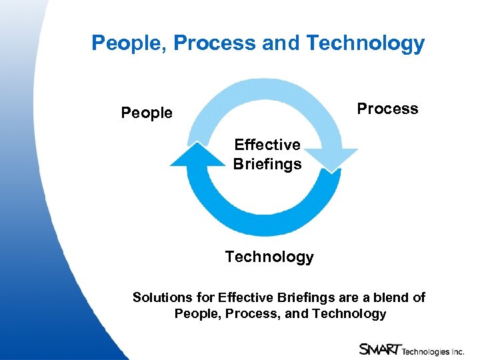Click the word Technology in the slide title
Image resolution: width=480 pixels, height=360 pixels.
(x=365, y=43)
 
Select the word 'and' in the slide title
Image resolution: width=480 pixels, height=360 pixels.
(x=281, y=43)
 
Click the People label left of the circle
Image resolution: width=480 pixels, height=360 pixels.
(x=147, y=113)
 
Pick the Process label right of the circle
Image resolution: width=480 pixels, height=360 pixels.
(x=387, y=109)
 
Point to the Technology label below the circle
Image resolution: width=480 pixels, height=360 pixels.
(x=269, y=257)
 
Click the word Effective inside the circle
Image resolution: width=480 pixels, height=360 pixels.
(x=267, y=145)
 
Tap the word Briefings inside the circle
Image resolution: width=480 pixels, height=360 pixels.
(x=267, y=164)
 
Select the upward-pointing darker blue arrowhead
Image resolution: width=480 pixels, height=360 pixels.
(x=198, y=155)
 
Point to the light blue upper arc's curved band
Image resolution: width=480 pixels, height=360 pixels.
(x=267, y=93)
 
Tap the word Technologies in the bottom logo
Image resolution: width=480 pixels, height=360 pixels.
(x=425, y=349)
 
